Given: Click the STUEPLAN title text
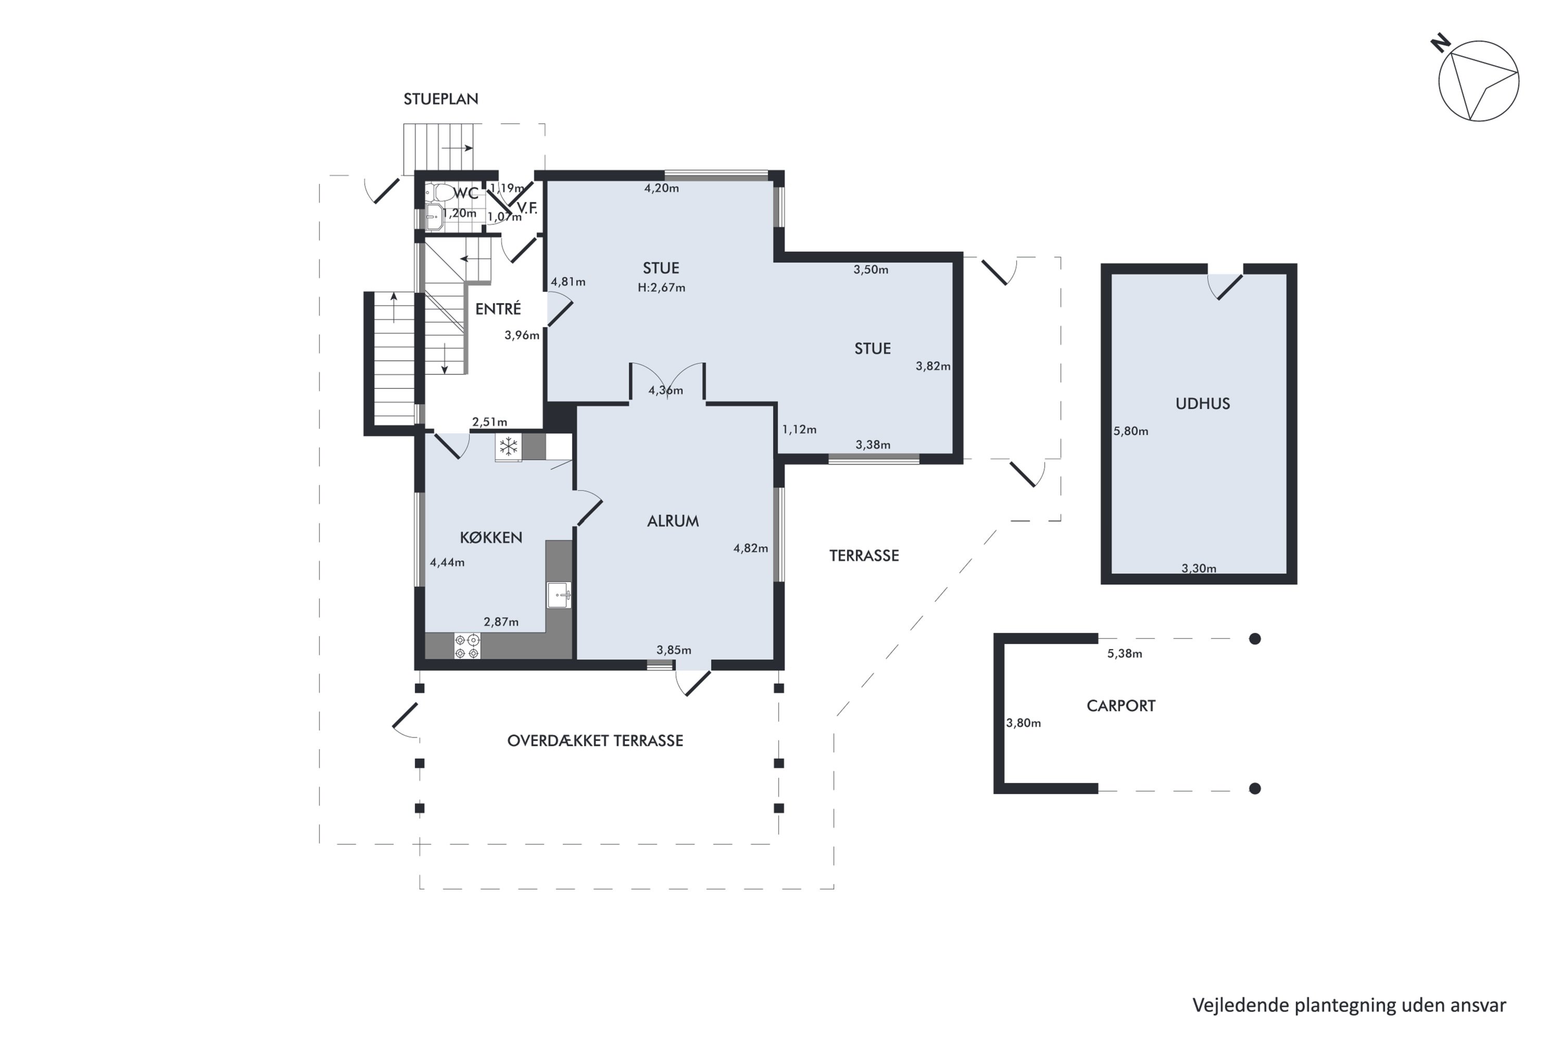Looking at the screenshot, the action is (x=441, y=99).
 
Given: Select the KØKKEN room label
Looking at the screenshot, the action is (x=491, y=537).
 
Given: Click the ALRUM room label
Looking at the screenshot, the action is (x=673, y=521).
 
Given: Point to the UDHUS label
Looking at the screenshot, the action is (x=1203, y=403).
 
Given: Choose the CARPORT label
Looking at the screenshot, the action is (x=1121, y=706).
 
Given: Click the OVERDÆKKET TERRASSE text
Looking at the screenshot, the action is (x=595, y=741).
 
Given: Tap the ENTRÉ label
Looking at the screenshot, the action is (x=498, y=308).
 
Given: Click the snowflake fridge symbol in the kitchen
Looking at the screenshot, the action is (x=509, y=446).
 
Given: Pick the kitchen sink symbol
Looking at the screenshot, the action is (x=559, y=595).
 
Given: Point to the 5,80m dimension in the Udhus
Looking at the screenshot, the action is (x=1131, y=431).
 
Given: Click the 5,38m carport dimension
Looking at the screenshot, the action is (x=1125, y=654).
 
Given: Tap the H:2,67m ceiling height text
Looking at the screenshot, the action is (x=661, y=288).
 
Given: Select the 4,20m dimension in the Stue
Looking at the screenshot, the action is (x=661, y=188).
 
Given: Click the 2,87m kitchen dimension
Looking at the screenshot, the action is (x=501, y=622).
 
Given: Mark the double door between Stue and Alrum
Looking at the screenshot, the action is (x=667, y=383).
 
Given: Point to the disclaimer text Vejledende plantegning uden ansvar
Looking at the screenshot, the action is (x=1349, y=1006).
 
